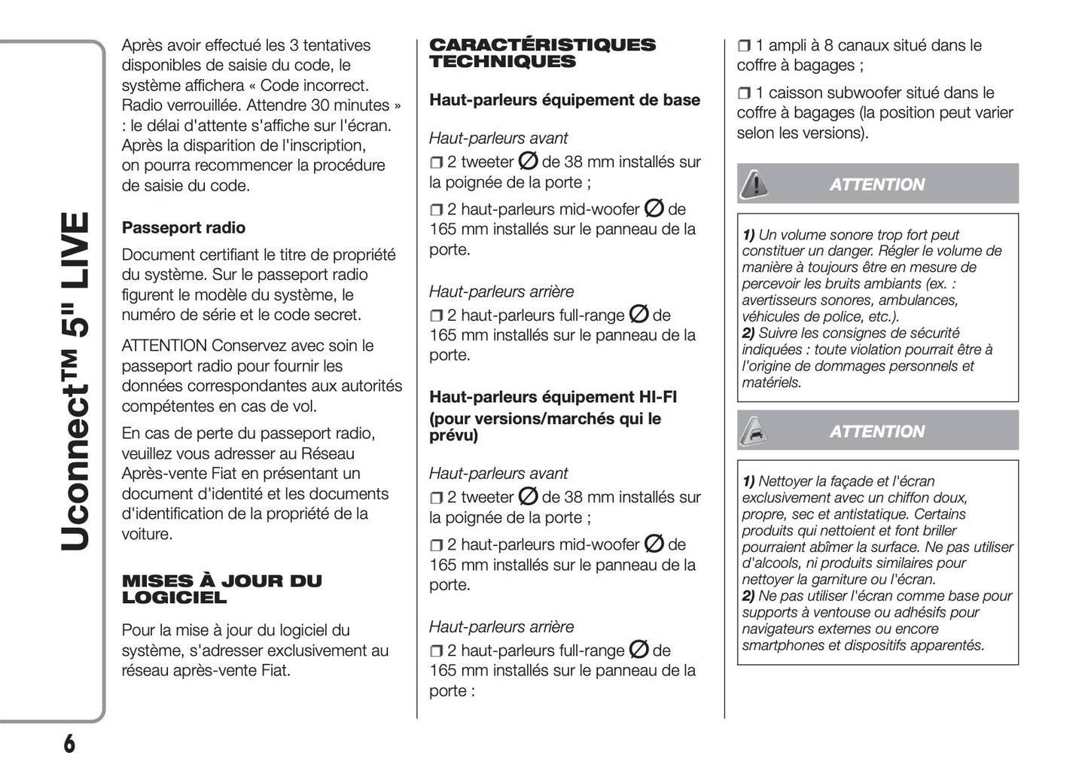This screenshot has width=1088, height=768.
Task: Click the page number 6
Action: pyautogui.click(x=69, y=744)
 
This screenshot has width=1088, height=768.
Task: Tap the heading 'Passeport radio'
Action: pyautogui.click(x=183, y=227)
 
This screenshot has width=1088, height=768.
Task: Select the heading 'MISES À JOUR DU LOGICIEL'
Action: pyautogui.click(x=221, y=590)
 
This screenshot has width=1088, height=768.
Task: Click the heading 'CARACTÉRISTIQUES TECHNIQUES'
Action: pyautogui.click(x=542, y=53)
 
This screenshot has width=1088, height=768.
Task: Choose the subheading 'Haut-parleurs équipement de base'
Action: pyautogui.click(x=564, y=100)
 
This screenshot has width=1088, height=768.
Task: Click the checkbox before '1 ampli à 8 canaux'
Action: pyautogui.click(x=744, y=47)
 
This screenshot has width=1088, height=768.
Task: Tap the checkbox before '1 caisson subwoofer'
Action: pyautogui.click(x=744, y=94)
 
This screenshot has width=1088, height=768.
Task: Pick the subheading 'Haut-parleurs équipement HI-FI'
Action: pyautogui.click(x=553, y=397)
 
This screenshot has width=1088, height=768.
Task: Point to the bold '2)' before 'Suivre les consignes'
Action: pyautogui.click(x=748, y=333)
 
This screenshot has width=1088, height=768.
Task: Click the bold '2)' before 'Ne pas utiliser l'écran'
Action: pyautogui.click(x=748, y=596)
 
